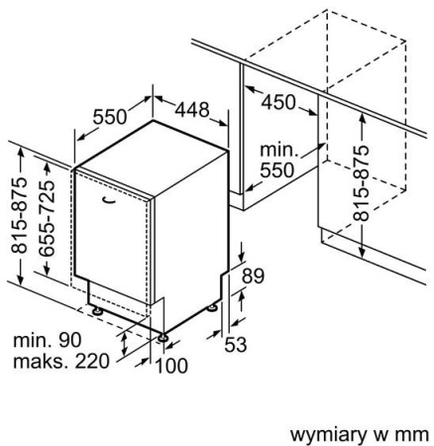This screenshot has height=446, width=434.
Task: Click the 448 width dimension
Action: [x=192, y=110]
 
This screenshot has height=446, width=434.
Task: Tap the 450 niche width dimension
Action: [x=278, y=102]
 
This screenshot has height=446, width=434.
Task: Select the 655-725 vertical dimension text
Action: [x=47, y=218]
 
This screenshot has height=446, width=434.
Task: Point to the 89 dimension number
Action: [x=253, y=277]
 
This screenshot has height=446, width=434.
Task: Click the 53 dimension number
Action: [x=236, y=345]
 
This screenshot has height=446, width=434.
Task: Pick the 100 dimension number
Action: [x=171, y=366]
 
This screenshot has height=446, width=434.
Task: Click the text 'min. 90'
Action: [x=48, y=340]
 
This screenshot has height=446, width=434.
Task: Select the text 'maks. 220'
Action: [x=61, y=361]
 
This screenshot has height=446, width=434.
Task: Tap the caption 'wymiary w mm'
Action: [x=359, y=435]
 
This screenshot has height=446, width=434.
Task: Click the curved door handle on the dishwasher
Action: [x=109, y=199]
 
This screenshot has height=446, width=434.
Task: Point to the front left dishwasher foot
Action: [x=97, y=311]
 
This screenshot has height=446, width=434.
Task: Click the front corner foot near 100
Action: [x=163, y=338]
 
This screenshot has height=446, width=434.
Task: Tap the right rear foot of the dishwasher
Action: [x=212, y=308]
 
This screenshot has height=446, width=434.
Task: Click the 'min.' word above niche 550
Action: [x=279, y=151]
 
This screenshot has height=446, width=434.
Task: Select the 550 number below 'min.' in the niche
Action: [x=276, y=170]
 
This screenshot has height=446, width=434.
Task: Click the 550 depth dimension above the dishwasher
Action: [x=110, y=117]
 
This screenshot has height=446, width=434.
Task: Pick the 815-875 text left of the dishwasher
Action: [x=19, y=215]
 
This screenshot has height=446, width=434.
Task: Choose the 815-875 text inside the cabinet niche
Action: [x=361, y=182]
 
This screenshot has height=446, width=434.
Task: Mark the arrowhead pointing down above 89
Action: [x=242, y=257]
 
